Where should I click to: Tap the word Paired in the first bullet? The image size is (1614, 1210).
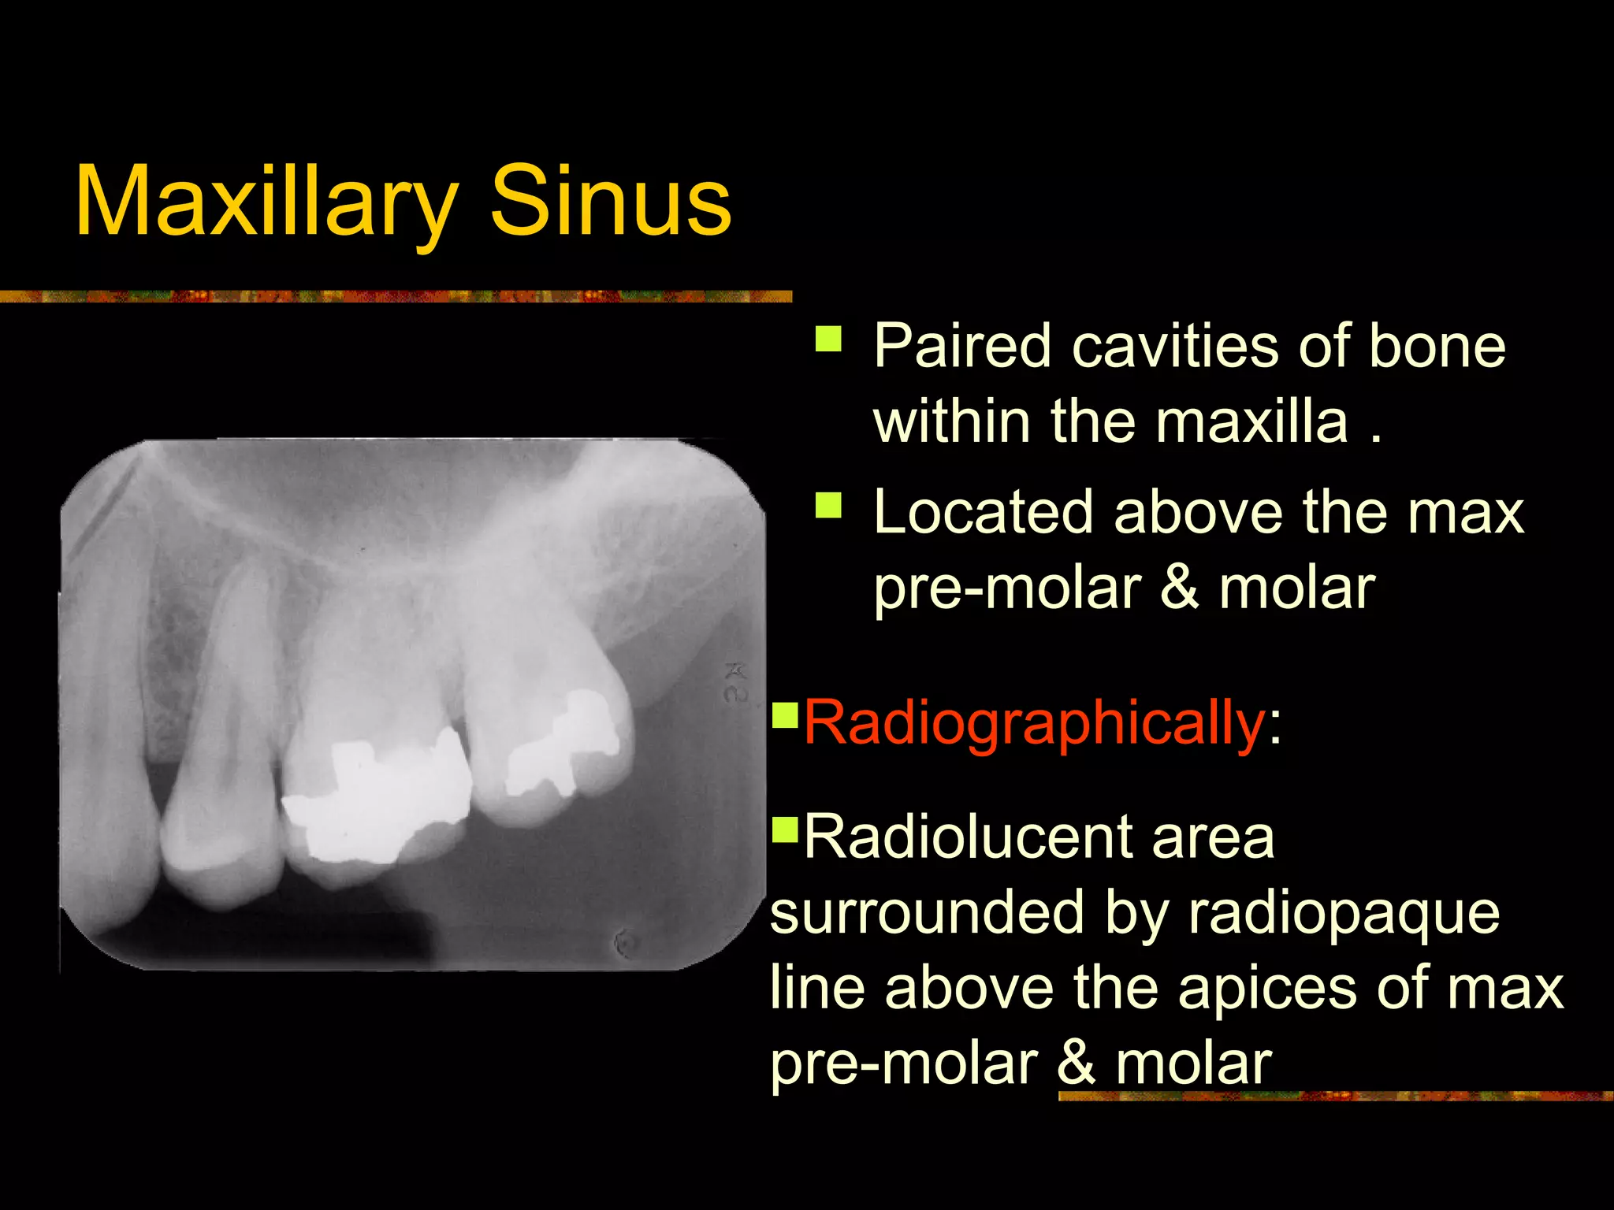[x=962, y=347]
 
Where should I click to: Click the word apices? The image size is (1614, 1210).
[x=1267, y=988]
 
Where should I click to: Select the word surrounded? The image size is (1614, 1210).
[x=927, y=912]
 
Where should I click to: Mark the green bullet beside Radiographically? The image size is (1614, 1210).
[x=785, y=714]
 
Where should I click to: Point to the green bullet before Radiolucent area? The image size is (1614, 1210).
[x=785, y=828]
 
